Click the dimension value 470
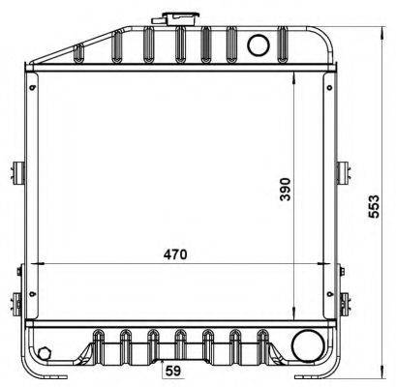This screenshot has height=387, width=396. [x=175, y=254]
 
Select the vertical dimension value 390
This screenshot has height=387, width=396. [x=286, y=189]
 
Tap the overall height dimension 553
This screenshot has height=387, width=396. [x=374, y=207]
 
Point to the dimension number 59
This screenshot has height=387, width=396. [x=173, y=372]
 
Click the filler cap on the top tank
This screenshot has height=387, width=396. [x=177, y=18]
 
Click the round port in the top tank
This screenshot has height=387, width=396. [x=259, y=45]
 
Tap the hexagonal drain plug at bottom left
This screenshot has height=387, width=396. [x=44, y=353]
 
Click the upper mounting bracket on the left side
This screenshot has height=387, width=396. [x=18, y=173]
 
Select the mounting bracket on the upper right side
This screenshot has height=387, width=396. [x=344, y=173]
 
